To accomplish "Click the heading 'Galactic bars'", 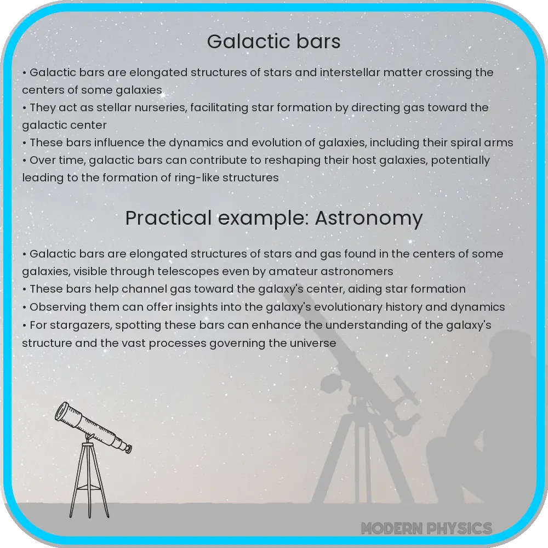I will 273,42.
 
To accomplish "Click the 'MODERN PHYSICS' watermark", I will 426,528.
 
